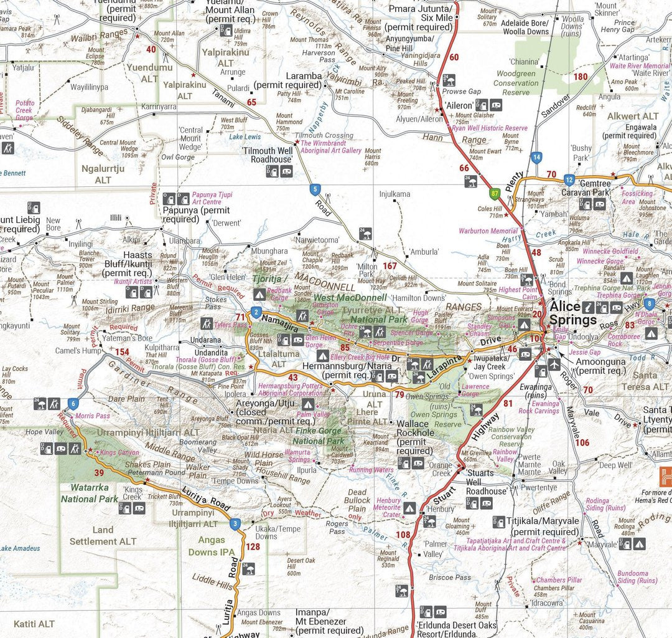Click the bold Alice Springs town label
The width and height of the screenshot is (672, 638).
573,313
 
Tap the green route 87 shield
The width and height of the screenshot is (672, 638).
495,194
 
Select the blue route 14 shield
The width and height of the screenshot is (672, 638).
536,157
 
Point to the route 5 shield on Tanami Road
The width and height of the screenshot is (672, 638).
315,189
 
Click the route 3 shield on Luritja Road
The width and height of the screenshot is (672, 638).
235,524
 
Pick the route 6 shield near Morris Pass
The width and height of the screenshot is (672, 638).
74,404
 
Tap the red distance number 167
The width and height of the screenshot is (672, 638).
390,266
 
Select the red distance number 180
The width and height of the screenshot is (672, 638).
580,77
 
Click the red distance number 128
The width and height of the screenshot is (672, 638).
253,547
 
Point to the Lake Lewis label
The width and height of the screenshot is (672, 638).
245,136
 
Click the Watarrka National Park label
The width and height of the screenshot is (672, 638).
90,494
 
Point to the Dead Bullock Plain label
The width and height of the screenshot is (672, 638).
357,500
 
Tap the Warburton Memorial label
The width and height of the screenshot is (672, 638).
488,231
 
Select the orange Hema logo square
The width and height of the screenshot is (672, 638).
666,477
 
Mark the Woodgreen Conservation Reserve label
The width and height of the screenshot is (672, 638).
516,83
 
